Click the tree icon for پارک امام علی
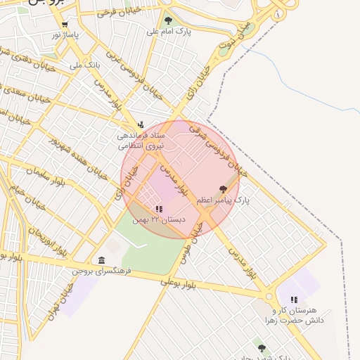click(167, 20)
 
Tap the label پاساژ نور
click(65, 34)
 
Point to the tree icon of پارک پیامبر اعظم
click(224, 189)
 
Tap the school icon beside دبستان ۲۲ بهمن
click(159, 209)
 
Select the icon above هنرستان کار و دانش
click(294, 300)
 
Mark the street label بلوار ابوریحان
click(48, 236)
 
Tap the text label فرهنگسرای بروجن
click(102, 271)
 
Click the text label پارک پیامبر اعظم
click(223, 200)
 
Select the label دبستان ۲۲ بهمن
click(162, 219)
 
